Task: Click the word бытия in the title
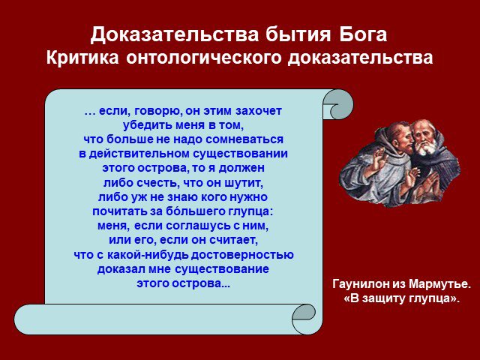point(298,35)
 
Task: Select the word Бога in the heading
point(363,34)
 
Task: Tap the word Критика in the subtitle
point(82,58)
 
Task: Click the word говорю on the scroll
point(157,111)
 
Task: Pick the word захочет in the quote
point(259,111)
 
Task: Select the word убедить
point(148,125)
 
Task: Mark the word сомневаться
point(244,139)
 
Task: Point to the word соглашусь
point(197,226)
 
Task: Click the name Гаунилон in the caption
point(360,284)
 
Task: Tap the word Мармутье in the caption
point(439,284)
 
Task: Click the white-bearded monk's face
point(424,139)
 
